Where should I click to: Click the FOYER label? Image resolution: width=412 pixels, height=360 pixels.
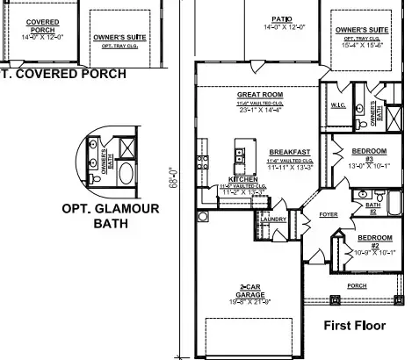tap(329, 213)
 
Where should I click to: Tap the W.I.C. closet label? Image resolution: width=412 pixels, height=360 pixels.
tap(340, 104)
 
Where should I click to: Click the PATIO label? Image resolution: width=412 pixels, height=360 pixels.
tap(281, 18)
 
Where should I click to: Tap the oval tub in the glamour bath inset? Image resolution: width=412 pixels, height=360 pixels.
tap(126, 172)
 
